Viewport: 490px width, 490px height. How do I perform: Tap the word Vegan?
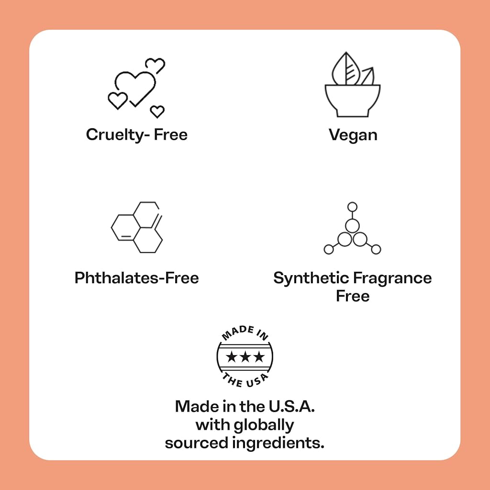coord(353,135)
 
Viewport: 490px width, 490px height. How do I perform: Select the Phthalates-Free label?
coord(136,278)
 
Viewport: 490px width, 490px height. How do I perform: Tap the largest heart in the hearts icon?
coord(135,88)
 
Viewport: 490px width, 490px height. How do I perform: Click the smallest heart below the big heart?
coord(157,111)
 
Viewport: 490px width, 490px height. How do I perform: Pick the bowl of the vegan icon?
coord(353,100)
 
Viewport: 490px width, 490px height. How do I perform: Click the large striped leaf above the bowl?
coord(346,69)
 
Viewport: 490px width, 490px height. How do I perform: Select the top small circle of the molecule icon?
coord(352,207)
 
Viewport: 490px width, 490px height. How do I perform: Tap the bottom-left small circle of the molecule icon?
coord(328,249)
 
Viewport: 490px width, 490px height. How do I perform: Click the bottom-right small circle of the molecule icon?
coord(376,249)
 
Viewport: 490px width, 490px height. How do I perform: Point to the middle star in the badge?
coord(245,356)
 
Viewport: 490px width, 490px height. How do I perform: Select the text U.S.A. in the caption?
coord(291,406)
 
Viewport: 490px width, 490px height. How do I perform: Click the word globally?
coord(264,425)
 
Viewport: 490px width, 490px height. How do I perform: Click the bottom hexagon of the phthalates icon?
coord(148,240)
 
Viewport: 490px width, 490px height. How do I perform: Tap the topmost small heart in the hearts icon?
coord(156,65)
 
